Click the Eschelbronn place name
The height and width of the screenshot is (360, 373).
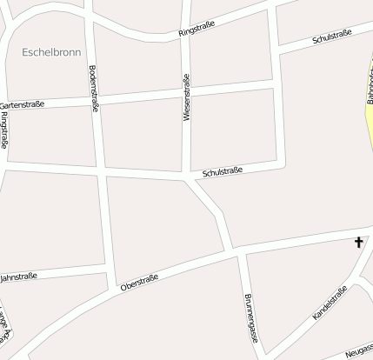pyautogui.click(x=51, y=52)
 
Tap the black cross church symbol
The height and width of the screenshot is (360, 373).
pyautogui.click(x=358, y=242)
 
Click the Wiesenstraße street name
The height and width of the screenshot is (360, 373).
pyautogui.click(x=186, y=97)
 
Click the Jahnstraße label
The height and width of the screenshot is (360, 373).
pyautogui.click(x=19, y=277)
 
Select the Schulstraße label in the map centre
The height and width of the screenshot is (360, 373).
pyautogui.click(x=222, y=172)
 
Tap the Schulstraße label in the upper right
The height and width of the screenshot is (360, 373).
pyautogui.click(x=331, y=37)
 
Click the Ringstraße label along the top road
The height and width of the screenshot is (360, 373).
pyautogui.click(x=196, y=30)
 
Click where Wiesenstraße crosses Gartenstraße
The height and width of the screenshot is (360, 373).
pyautogui.click(x=186, y=90)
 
